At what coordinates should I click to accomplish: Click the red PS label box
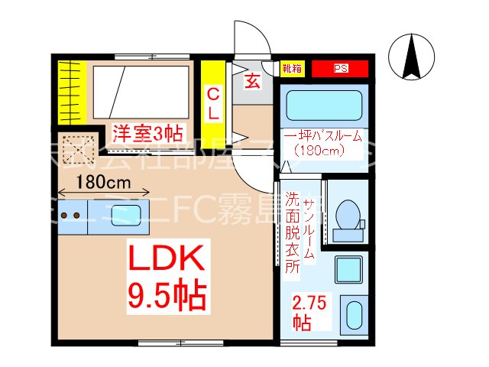click(340, 68)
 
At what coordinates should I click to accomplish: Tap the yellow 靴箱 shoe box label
click(292, 68)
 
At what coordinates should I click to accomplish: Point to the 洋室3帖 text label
click(147, 133)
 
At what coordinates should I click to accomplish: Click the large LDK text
click(166, 261)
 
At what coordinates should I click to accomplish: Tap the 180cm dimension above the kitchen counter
click(102, 183)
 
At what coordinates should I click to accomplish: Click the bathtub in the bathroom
click(325, 106)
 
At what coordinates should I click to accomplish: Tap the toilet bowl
click(348, 214)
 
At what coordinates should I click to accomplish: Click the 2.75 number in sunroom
click(310, 303)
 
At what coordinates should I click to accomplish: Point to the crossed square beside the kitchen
click(76, 150)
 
